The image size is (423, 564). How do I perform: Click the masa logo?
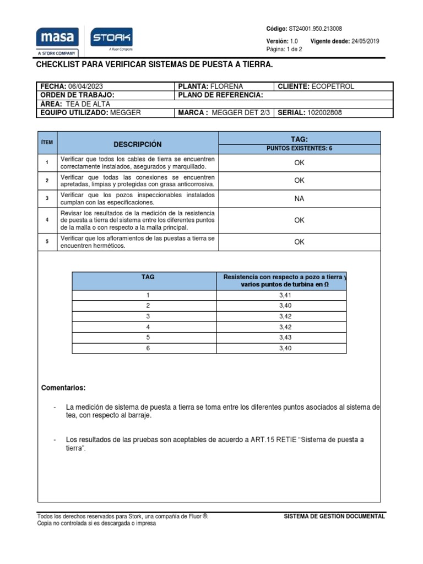tap(57, 38)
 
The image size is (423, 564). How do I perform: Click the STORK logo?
tap(111, 38)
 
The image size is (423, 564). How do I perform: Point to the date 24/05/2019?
tap(365, 41)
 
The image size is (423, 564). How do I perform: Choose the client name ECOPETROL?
tap(333, 86)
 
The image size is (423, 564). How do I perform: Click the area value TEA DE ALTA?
tap(88, 104)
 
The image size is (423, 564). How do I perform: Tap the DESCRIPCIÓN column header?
tap(138, 144)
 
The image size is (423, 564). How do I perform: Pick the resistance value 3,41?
tap(286, 295)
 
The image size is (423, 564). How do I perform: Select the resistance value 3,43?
tap(286, 337)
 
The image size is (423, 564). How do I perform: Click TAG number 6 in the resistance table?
tap(148, 348)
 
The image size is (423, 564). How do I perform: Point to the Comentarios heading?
tap(63, 388)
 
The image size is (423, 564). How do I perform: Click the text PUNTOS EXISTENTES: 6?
tap(299, 149)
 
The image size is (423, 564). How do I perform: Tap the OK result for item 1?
tap(299, 163)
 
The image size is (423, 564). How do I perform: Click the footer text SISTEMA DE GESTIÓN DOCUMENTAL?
tap(334, 517)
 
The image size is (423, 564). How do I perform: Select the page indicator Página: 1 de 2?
tap(284, 49)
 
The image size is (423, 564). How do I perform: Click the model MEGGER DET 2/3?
tap(241, 113)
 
